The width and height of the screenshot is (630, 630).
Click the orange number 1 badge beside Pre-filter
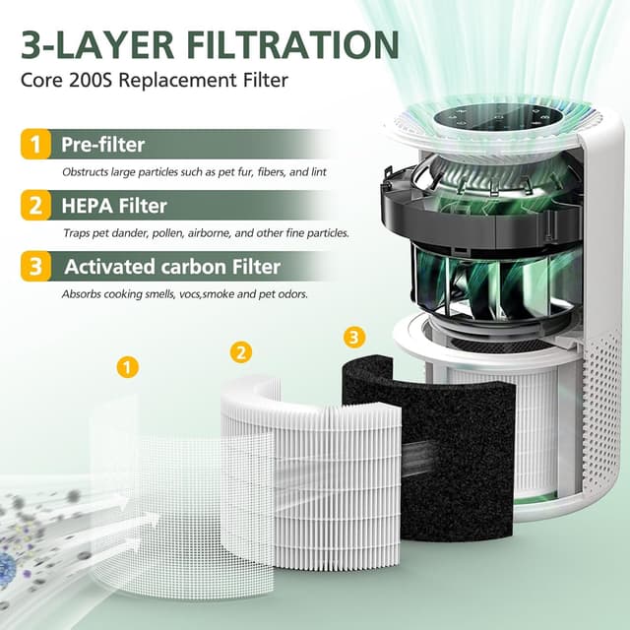point(34,145)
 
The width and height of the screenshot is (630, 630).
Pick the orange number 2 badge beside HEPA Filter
point(34,206)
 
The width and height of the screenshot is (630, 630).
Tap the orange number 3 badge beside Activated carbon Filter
point(34,267)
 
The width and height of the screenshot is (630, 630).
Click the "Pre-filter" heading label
point(103,145)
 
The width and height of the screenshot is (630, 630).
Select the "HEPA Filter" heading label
point(114,206)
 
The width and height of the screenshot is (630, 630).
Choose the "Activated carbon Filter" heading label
point(172,267)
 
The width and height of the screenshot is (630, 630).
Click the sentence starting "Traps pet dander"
point(206,233)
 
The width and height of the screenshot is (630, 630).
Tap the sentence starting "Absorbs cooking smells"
point(184,293)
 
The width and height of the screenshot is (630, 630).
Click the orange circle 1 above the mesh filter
point(126,367)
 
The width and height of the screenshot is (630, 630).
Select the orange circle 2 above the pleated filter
point(241,351)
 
